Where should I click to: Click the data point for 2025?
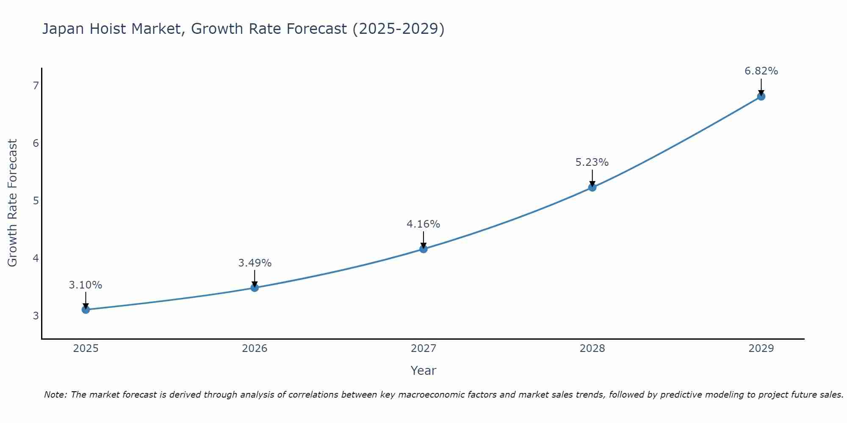click(86, 310)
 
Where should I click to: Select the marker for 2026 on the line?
click(255, 288)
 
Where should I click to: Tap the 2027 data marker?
click(423, 249)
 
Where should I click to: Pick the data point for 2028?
click(592, 187)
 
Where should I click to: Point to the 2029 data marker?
click(761, 96)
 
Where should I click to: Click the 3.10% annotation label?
click(86, 285)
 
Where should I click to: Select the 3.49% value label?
click(255, 263)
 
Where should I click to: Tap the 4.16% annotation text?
click(423, 224)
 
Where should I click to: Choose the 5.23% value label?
click(592, 162)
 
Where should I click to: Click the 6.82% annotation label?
click(761, 71)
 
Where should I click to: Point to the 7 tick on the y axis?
click(36, 86)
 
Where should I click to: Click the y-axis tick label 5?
click(36, 201)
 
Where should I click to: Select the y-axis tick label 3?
click(36, 316)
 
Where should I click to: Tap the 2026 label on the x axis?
click(255, 349)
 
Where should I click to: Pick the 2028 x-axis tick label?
click(592, 349)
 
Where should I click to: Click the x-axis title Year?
click(423, 371)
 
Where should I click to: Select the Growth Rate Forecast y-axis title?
click(13, 203)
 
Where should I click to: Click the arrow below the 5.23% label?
click(592, 178)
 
